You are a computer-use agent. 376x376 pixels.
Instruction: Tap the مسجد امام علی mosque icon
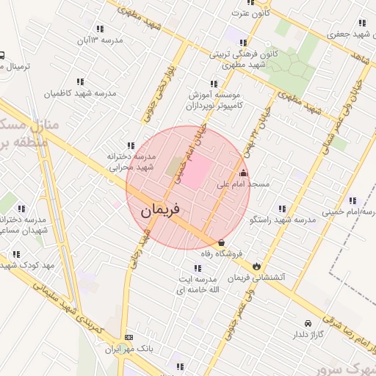(243, 173)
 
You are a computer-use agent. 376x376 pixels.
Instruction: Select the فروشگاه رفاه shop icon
(221, 243)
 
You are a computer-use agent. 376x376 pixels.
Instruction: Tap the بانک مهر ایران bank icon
(129, 337)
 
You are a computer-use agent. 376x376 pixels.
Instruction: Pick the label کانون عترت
(251, 12)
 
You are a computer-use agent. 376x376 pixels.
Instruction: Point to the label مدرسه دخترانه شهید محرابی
(133, 162)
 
